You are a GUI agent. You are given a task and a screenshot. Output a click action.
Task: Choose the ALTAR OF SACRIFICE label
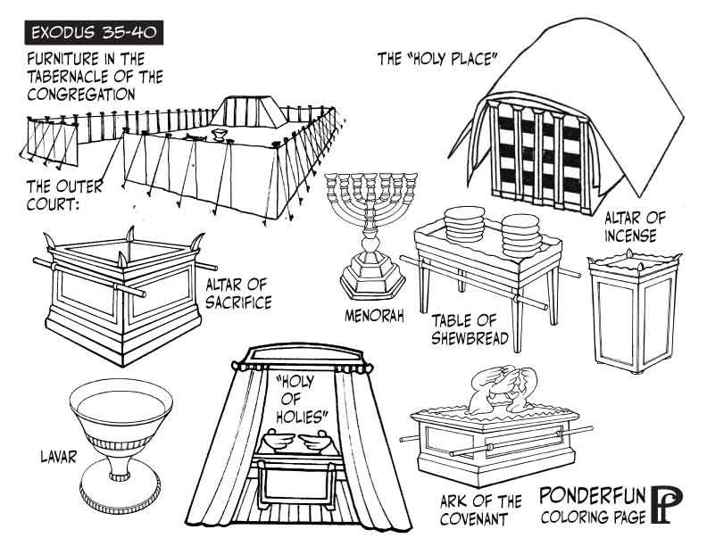238,294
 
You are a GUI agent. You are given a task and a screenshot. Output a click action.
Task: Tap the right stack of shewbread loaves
520,231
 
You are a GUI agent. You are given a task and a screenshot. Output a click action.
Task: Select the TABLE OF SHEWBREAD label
470,329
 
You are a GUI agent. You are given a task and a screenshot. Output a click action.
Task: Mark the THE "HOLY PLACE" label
437,60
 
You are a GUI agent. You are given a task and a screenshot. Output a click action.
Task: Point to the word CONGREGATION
81,93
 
